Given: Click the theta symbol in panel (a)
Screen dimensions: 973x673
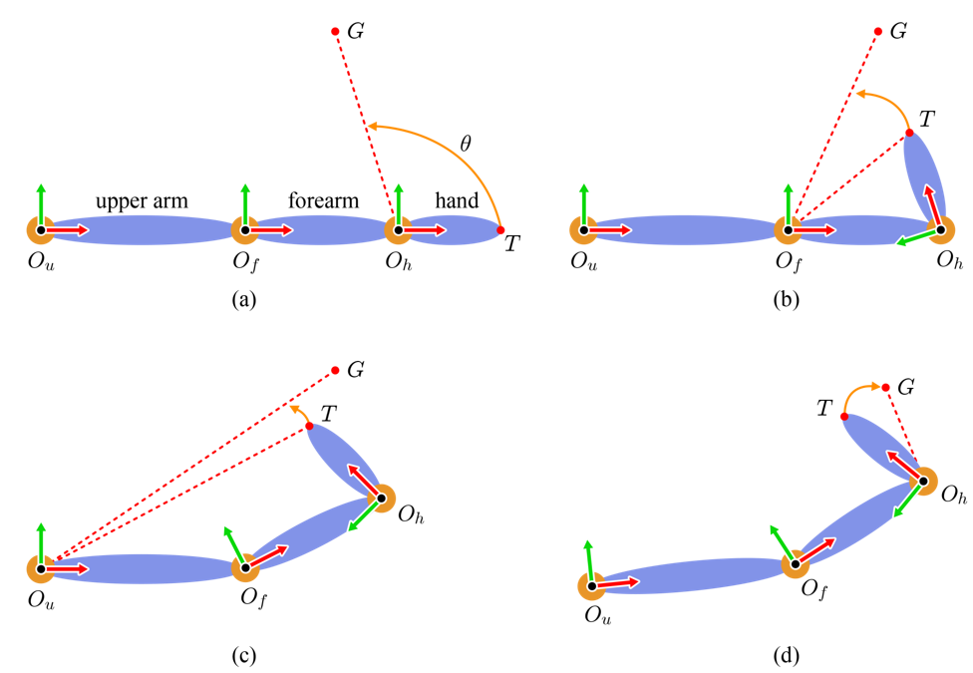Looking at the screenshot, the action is click(x=465, y=144).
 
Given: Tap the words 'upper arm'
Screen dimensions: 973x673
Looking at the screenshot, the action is click(x=142, y=201).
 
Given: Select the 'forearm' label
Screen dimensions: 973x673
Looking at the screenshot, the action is click(x=323, y=200).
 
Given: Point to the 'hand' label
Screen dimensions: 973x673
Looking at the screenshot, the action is click(x=457, y=200).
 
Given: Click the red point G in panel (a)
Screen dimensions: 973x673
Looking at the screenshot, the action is click(x=335, y=31).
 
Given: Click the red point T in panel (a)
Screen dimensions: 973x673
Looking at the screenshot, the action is click(x=500, y=230).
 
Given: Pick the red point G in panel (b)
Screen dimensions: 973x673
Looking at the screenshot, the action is click(x=878, y=31).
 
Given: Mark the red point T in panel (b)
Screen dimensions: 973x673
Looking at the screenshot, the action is click(x=909, y=133).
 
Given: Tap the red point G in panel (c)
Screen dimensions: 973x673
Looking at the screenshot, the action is click(x=335, y=371).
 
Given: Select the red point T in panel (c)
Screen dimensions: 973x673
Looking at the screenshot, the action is click(x=310, y=426).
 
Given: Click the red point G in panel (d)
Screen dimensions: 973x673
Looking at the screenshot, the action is click(x=885, y=388).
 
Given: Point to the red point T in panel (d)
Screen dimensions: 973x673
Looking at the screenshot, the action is click(x=844, y=417).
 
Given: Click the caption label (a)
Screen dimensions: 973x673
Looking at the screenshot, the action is click(x=244, y=300).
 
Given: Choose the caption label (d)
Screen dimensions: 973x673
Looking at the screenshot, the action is click(x=787, y=656).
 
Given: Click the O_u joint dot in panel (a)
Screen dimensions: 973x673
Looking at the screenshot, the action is click(x=41, y=230).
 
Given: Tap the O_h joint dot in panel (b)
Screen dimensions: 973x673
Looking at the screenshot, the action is click(x=941, y=230).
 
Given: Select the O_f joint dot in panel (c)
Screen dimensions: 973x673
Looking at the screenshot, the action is click(x=245, y=567).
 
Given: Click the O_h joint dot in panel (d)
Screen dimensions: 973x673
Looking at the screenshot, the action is click(x=923, y=482).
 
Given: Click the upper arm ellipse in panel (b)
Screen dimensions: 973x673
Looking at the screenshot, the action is click(x=686, y=230).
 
